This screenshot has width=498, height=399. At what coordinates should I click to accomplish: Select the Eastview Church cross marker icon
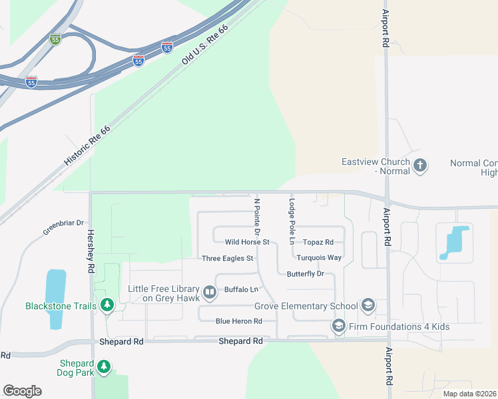click(x=420, y=166)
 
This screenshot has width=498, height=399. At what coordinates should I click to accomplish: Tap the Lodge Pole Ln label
click(x=291, y=221)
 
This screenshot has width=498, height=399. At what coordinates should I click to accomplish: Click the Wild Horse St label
click(x=247, y=242)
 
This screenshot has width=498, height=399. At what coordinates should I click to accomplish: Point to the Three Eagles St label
click(x=228, y=258)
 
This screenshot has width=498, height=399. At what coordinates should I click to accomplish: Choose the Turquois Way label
click(x=319, y=257)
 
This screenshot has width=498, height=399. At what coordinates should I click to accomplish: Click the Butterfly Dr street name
click(x=305, y=273)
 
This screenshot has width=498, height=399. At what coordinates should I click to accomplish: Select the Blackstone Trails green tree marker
click(x=107, y=306)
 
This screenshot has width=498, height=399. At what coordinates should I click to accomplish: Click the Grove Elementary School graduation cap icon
click(x=368, y=306)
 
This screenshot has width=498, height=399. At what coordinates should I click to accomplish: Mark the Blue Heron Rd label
click(x=238, y=321)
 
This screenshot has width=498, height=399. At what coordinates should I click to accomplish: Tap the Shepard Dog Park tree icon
click(x=103, y=366)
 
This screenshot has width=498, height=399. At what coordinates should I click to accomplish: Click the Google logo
click(x=22, y=391)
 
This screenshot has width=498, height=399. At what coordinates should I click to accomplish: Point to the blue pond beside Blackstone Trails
click(x=55, y=299)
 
